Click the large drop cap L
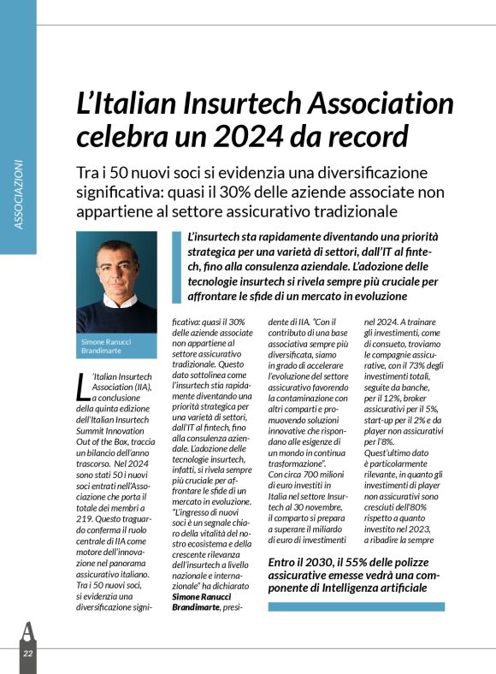(x=82, y=387)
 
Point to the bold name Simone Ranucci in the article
(x=199, y=596)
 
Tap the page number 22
(x=27, y=653)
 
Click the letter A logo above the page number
(x=27, y=631)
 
